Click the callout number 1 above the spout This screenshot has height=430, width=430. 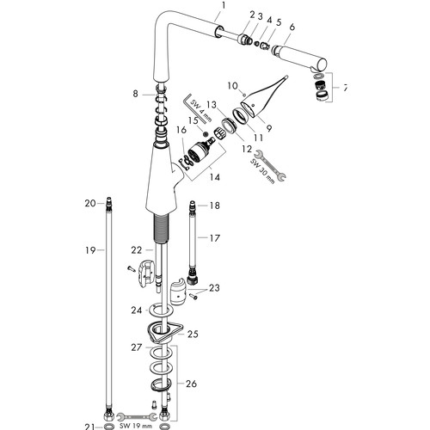pos(224,6)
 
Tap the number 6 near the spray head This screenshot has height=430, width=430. pos(292,27)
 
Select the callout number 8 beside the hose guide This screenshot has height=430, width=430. pos(136,94)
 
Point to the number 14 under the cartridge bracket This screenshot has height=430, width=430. pos(214,177)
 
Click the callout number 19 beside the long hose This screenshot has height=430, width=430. pos(90,250)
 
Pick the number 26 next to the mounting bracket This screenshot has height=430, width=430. pos(191,384)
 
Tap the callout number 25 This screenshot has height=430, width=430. pos(193,334)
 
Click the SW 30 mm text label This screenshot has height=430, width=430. pos(263,169)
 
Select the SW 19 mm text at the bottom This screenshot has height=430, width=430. pos(136,426)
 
